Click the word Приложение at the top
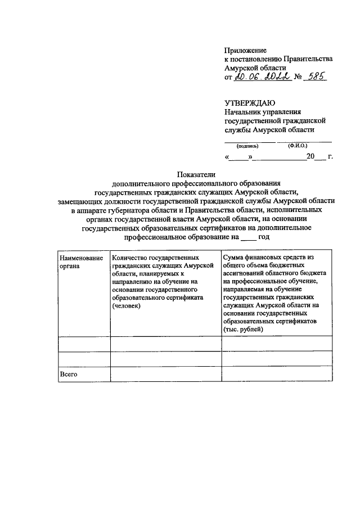(x=245, y=50)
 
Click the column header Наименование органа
(x=81, y=262)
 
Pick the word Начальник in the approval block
(x=244, y=112)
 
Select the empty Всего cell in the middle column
(x=165, y=374)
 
